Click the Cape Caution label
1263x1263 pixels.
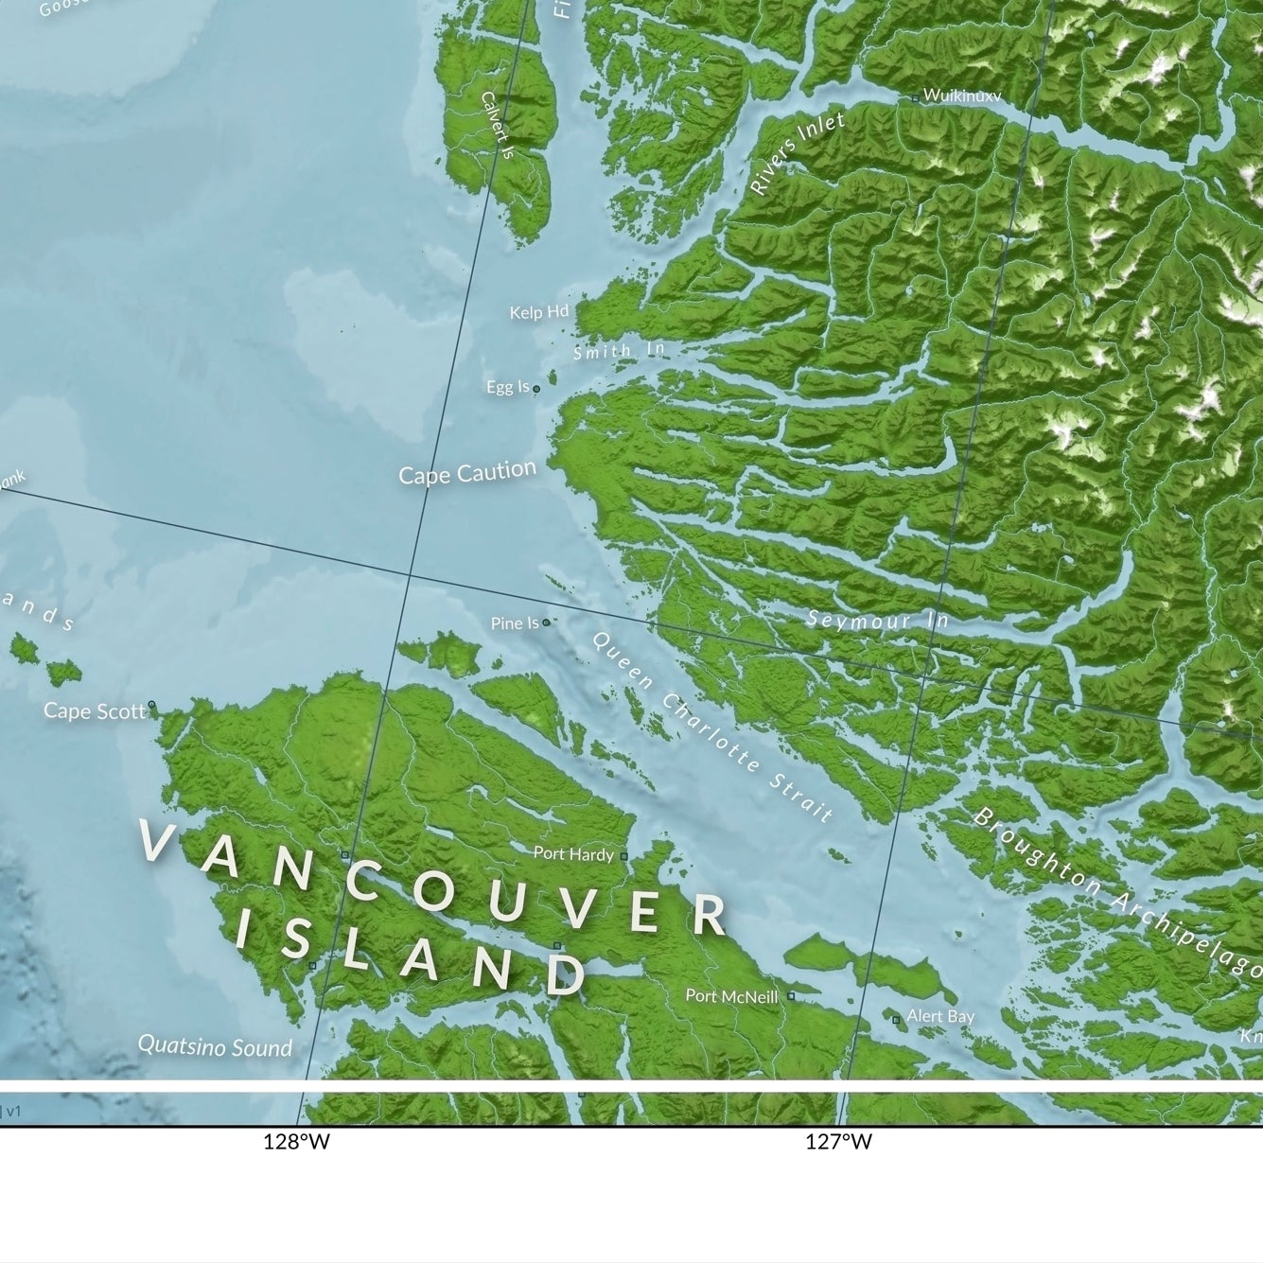point(466,472)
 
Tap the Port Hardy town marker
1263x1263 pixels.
point(623,856)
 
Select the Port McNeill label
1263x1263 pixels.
point(731,995)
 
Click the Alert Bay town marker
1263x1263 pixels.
point(896,1019)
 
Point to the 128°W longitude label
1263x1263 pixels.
point(296,1142)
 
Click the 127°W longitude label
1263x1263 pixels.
point(838,1142)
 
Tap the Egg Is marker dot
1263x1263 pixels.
point(536,389)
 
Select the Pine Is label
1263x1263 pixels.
point(514,623)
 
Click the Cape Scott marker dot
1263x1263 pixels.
point(151,705)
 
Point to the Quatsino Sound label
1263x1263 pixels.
point(215,1046)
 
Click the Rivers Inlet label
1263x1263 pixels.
point(797,153)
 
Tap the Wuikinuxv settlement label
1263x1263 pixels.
point(961,96)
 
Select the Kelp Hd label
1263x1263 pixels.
point(538,312)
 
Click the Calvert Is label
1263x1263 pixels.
point(496,124)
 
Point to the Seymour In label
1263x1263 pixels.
point(877,621)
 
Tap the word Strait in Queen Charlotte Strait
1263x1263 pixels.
point(800,796)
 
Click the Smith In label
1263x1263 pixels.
point(619,351)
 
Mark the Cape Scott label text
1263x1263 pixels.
point(94,711)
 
